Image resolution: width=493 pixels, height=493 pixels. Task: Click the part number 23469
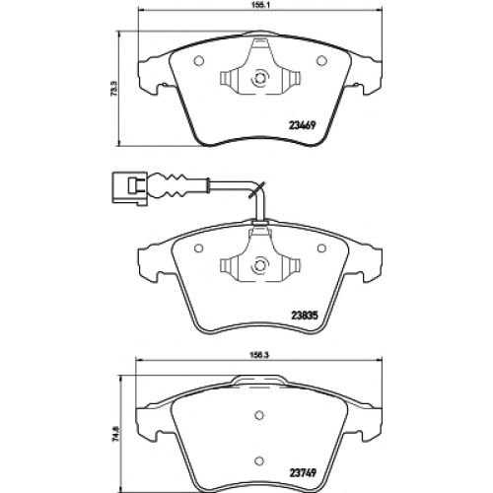(x=302, y=125)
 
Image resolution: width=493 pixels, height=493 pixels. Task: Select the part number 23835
(x=305, y=316)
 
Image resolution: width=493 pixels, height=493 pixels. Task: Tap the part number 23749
(x=302, y=473)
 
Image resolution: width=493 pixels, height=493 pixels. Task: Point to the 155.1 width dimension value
(x=260, y=4)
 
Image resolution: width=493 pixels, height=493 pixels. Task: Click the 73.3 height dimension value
(x=113, y=88)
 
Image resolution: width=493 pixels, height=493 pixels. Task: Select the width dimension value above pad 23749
(x=259, y=355)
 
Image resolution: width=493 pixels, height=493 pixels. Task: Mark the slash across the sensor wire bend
(x=257, y=189)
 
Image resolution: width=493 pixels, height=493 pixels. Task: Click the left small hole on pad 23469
(x=199, y=61)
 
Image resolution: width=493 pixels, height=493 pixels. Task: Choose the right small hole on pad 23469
(x=321, y=61)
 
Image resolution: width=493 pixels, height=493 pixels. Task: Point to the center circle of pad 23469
(x=260, y=78)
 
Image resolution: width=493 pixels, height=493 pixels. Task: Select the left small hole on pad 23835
(x=198, y=248)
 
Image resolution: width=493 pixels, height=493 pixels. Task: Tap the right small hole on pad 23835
(x=321, y=248)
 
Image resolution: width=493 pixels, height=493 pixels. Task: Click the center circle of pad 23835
(x=260, y=265)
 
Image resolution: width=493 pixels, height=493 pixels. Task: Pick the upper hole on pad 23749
(x=259, y=415)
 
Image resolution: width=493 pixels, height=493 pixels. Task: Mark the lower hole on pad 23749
(x=259, y=460)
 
